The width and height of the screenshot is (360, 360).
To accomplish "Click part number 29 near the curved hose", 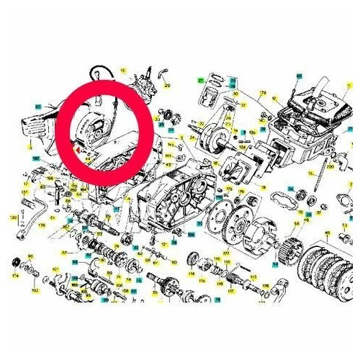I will (x=168, y=85).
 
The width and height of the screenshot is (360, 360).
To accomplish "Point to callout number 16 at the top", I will (x=123, y=71).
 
